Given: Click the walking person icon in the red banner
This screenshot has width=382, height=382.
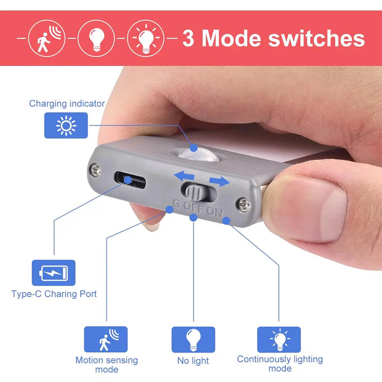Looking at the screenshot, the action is (47, 39).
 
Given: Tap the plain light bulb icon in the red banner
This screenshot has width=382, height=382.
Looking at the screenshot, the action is (96, 39).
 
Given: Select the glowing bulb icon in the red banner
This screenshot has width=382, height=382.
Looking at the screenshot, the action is (146, 39).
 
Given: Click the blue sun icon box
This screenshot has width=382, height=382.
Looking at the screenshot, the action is (66, 125).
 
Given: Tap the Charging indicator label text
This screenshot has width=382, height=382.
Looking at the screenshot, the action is (67, 104).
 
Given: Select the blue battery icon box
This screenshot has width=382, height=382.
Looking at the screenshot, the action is (53, 273).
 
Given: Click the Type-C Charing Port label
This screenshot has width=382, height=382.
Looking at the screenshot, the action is (54, 294).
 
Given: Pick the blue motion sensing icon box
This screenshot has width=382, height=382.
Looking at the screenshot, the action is (106, 339).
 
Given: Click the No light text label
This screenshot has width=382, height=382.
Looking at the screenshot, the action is (193, 361).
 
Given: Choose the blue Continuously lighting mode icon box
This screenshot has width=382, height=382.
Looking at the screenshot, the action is (279, 340).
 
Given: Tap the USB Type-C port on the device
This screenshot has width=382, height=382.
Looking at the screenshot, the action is (130, 180).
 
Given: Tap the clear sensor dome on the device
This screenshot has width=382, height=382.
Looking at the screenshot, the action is (198, 155).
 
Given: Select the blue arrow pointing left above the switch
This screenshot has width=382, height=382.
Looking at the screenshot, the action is (184, 176).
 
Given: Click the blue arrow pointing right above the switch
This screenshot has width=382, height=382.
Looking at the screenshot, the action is (219, 181).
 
